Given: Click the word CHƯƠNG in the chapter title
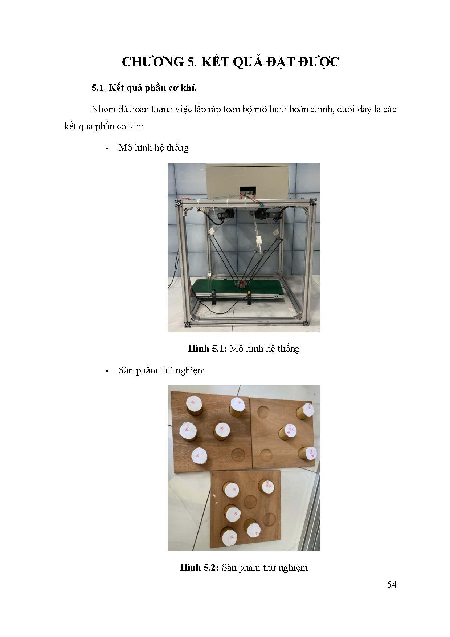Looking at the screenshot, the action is [153, 62].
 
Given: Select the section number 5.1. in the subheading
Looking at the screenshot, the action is [98, 88].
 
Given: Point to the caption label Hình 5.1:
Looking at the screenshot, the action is [207, 349].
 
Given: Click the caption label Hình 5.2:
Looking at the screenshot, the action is [199, 568].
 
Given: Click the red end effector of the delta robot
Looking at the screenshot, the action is [240, 283].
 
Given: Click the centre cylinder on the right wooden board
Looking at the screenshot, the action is [288, 432].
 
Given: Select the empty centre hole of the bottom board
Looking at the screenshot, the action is [250, 502].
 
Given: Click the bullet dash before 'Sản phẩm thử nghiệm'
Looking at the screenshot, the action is [107, 371].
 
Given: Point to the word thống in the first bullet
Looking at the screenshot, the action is [177, 148].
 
